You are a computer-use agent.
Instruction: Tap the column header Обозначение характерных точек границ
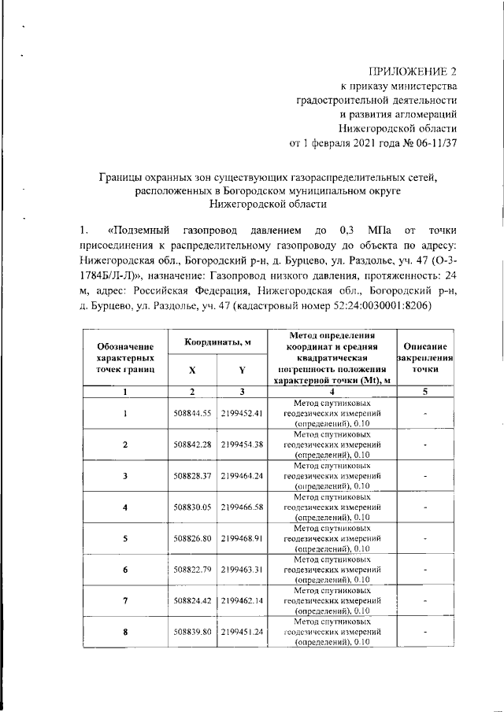[124, 357]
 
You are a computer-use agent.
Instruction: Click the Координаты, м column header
[217, 342]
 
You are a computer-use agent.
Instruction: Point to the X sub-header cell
[192, 370]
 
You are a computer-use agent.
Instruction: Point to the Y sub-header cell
[242, 370]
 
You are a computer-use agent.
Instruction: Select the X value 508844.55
[193, 413]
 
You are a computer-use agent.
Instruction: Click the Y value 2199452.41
[242, 413]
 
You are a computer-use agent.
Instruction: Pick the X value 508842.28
[193, 445]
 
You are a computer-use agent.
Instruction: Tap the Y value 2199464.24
[242, 476]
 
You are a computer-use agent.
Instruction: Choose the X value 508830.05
[193, 507]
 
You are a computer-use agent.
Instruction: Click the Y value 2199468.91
[242, 539]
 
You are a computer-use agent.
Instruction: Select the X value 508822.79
[193, 569]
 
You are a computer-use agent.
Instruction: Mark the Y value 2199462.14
[242, 600]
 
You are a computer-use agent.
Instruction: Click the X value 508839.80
[193, 632]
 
